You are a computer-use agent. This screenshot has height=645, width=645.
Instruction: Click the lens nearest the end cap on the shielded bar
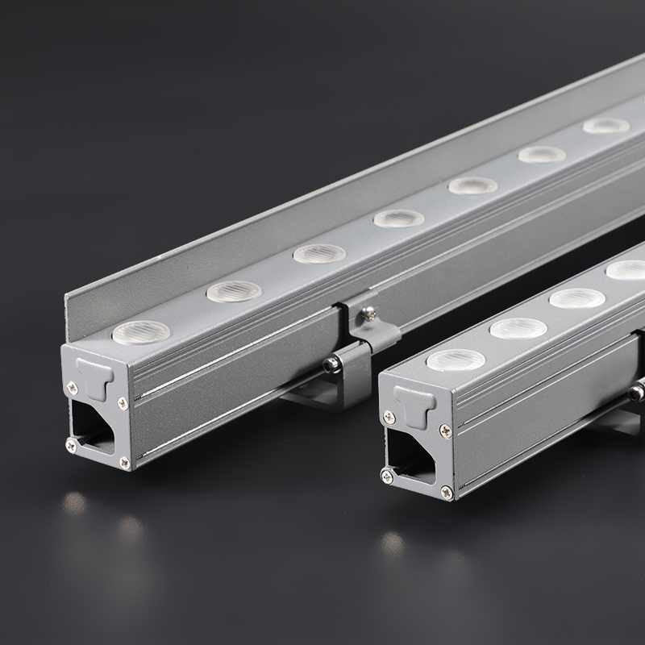141,332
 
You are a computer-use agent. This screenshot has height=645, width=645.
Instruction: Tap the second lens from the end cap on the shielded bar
234,291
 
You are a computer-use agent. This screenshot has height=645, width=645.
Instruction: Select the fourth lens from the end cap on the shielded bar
398,218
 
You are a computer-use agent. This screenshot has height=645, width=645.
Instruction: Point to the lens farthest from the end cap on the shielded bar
606,126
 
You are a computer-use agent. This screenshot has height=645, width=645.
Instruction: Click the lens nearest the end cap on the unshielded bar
456,360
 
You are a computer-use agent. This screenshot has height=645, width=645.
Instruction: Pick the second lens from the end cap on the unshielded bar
518,328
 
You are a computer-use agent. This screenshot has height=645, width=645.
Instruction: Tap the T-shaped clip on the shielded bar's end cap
95,377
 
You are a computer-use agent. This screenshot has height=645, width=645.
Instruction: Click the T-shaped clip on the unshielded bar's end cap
414,405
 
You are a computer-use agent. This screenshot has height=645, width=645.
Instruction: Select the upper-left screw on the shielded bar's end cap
73,388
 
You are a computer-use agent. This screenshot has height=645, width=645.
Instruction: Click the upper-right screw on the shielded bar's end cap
123,402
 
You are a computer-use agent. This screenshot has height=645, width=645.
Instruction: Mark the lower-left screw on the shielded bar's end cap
71,444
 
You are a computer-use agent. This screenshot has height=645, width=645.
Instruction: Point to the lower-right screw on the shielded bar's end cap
124,462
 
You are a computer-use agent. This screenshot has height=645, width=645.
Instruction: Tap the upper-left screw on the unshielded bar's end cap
389,417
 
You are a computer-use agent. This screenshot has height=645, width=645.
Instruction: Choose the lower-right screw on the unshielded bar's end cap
446,489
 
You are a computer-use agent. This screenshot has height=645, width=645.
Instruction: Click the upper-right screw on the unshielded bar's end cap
444,431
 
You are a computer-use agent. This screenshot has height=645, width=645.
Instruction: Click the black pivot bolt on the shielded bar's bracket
330,364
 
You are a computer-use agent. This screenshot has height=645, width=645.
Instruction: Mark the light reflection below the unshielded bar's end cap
393,542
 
